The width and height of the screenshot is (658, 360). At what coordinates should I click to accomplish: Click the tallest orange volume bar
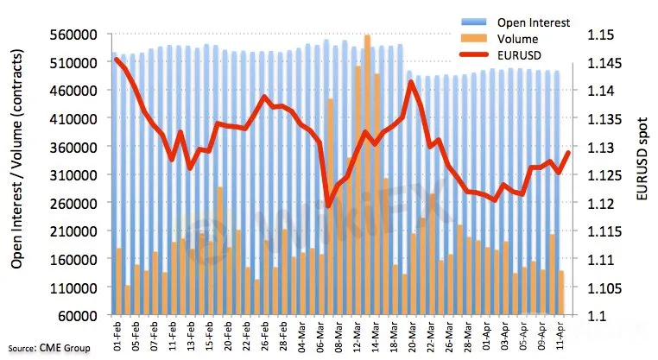pos(367,173)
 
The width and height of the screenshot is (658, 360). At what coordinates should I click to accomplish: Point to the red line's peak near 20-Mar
pos(410,82)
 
